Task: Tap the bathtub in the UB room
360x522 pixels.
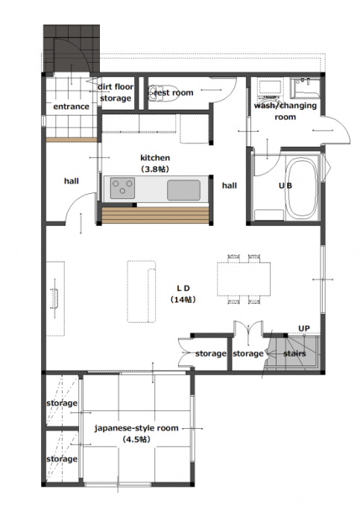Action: pyautogui.click(x=302, y=188)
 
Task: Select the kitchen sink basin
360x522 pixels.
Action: pyautogui.click(x=183, y=190)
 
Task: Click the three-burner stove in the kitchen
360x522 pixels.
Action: pyautogui.click(x=122, y=188)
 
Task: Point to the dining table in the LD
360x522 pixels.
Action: pyautogui.click(x=244, y=279)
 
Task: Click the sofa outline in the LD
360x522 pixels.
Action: pyautogui.click(x=142, y=292)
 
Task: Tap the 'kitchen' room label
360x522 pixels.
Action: pyautogui.click(x=155, y=158)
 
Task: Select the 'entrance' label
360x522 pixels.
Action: pyautogui.click(x=72, y=107)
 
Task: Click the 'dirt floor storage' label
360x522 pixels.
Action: pyautogui.click(x=116, y=92)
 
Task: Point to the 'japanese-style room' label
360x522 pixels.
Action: pyautogui.click(x=136, y=428)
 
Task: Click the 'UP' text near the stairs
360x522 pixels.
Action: pyautogui.click(x=304, y=329)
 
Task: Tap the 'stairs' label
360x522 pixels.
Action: pyautogui.click(x=294, y=353)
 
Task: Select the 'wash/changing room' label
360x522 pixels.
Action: pyautogui.click(x=285, y=111)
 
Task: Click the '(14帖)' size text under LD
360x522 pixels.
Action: pyautogui.click(x=183, y=300)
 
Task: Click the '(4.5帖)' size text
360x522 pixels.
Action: pyautogui.click(x=136, y=439)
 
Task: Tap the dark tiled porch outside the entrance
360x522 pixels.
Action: pyautogui.click(x=72, y=48)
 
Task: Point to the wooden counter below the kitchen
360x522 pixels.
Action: pyautogui.click(x=155, y=216)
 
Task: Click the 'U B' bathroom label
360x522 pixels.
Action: pyautogui.click(x=285, y=186)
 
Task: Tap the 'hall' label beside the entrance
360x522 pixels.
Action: pyautogui.click(x=72, y=181)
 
